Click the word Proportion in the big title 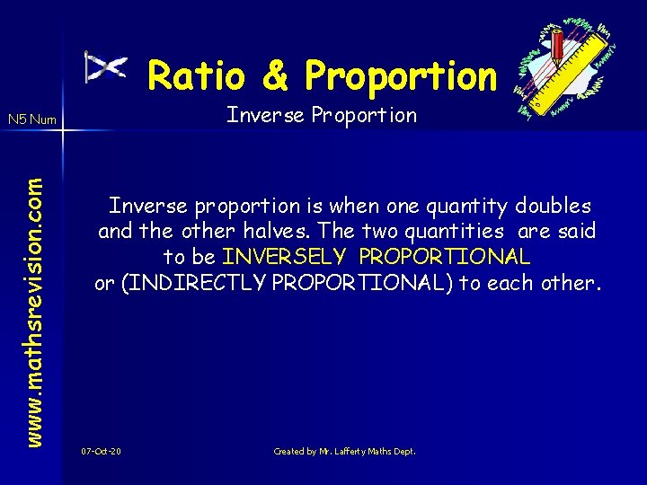coord(400,75)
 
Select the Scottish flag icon coord(105,67)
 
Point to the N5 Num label coord(31,119)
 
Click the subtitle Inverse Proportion coord(322,115)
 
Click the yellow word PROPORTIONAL coord(445,256)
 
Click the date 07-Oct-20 coord(101,451)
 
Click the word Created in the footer coord(289,451)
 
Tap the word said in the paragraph coord(576,231)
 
